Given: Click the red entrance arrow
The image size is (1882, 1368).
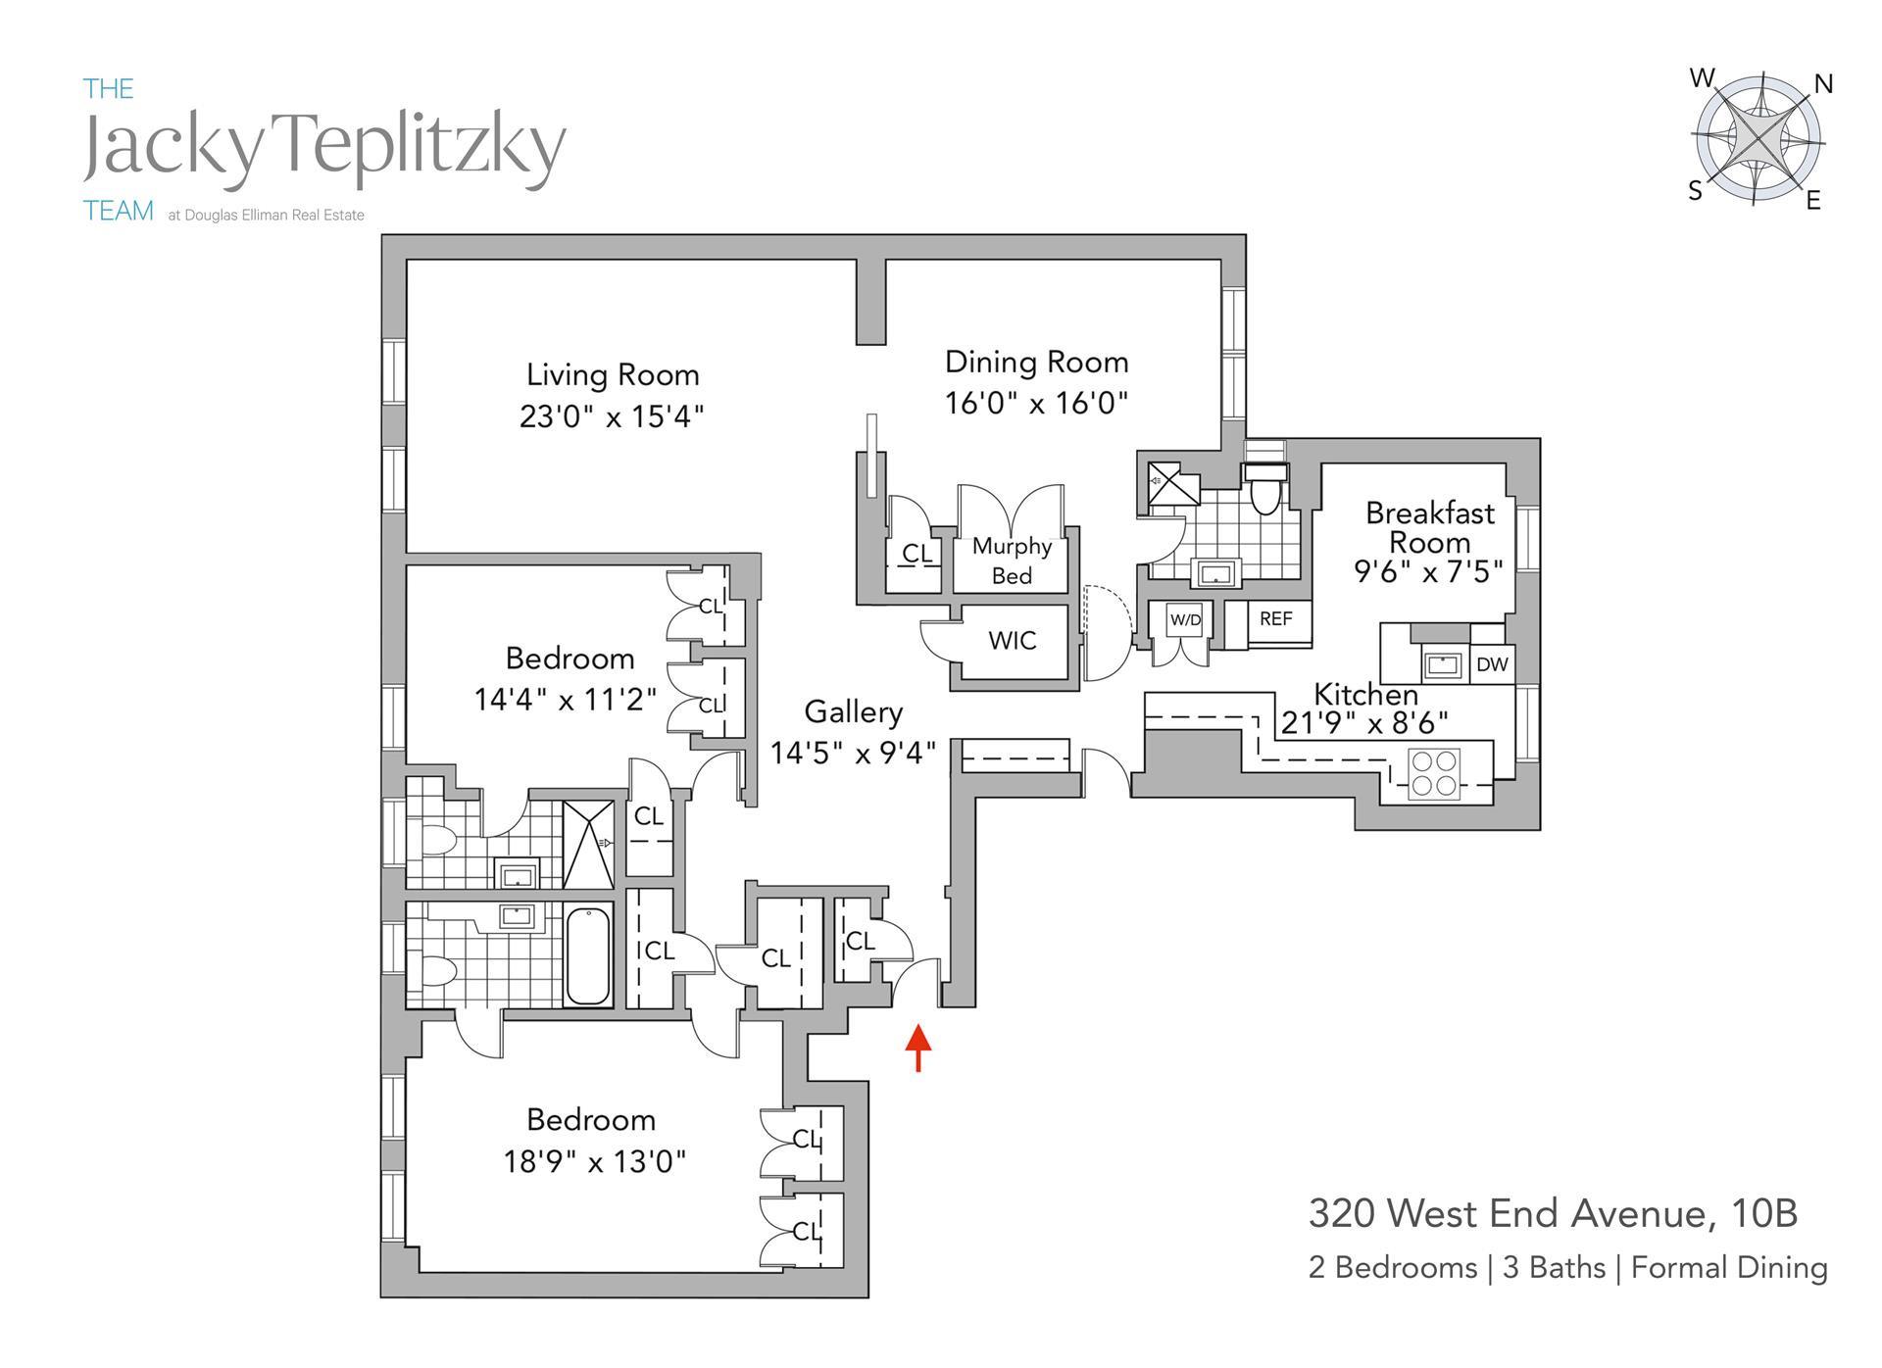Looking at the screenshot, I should tap(917, 1048).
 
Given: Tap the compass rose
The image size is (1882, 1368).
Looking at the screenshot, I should tap(1758, 140).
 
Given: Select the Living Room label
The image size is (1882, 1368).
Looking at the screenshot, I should tap(613, 375).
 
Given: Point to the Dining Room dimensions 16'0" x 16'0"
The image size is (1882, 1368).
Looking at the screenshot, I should tap(1036, 403).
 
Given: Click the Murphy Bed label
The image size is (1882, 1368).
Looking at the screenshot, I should tap(1012, 561).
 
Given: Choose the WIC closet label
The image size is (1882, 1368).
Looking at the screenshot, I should tap(1012, 641).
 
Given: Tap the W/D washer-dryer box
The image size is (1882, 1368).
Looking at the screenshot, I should tap(1185, 620).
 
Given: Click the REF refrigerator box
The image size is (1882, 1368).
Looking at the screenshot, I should tap(1275, 619).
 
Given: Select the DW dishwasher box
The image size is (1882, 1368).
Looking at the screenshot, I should tap(1491, 664).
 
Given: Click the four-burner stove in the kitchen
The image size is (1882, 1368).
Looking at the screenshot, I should tap(1433, 772).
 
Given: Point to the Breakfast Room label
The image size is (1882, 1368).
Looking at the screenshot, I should tap(1430, 527).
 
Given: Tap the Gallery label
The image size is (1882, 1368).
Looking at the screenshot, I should tap(853, 712).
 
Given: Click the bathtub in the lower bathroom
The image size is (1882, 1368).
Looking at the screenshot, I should tap(588, 954).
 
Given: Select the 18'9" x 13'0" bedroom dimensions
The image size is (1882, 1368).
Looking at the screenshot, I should tap(594, 1162).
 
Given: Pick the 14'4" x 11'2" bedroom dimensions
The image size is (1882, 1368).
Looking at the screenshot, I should tap(566, 700).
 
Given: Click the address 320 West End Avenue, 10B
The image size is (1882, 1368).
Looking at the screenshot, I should tap(1553, 1214).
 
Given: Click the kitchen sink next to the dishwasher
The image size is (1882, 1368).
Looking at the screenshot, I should tap(1443, 665).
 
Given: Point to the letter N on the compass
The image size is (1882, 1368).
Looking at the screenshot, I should tap(1823, 85).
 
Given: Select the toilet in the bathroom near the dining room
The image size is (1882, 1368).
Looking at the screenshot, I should tap(1265, 489).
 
